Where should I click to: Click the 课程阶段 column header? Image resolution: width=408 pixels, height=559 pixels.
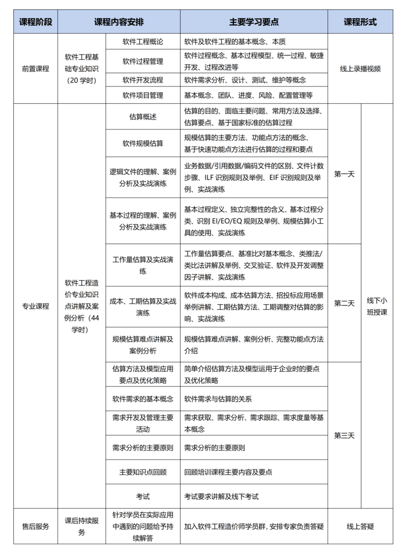36,22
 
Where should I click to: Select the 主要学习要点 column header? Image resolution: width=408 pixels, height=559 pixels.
254,22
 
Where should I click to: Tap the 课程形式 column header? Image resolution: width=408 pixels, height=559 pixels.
360,22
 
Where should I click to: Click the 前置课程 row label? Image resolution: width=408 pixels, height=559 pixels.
36,69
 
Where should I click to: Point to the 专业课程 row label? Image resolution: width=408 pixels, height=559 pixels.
36,306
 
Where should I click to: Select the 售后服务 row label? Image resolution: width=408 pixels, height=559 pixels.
36,526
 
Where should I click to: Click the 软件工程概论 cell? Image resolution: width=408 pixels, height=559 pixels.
143,42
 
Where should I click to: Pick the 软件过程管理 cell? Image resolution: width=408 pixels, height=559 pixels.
143,61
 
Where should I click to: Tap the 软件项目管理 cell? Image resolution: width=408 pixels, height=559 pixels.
143,95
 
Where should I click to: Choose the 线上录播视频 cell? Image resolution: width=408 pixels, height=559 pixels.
360,69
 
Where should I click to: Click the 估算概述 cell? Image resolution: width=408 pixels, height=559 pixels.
143,117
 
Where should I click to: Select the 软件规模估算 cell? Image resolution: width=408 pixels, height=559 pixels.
143,143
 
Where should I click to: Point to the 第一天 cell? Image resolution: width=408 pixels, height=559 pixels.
344,174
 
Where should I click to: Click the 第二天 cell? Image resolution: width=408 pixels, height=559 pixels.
344,303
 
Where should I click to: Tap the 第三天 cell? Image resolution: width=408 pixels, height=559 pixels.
344,435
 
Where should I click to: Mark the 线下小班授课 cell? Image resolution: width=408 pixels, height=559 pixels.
377,306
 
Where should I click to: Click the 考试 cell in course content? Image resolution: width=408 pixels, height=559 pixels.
143,497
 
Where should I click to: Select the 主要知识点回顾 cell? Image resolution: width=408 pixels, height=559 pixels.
143,472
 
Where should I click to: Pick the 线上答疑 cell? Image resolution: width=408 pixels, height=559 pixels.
360,526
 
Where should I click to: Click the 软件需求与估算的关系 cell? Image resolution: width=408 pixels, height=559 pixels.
218,399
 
